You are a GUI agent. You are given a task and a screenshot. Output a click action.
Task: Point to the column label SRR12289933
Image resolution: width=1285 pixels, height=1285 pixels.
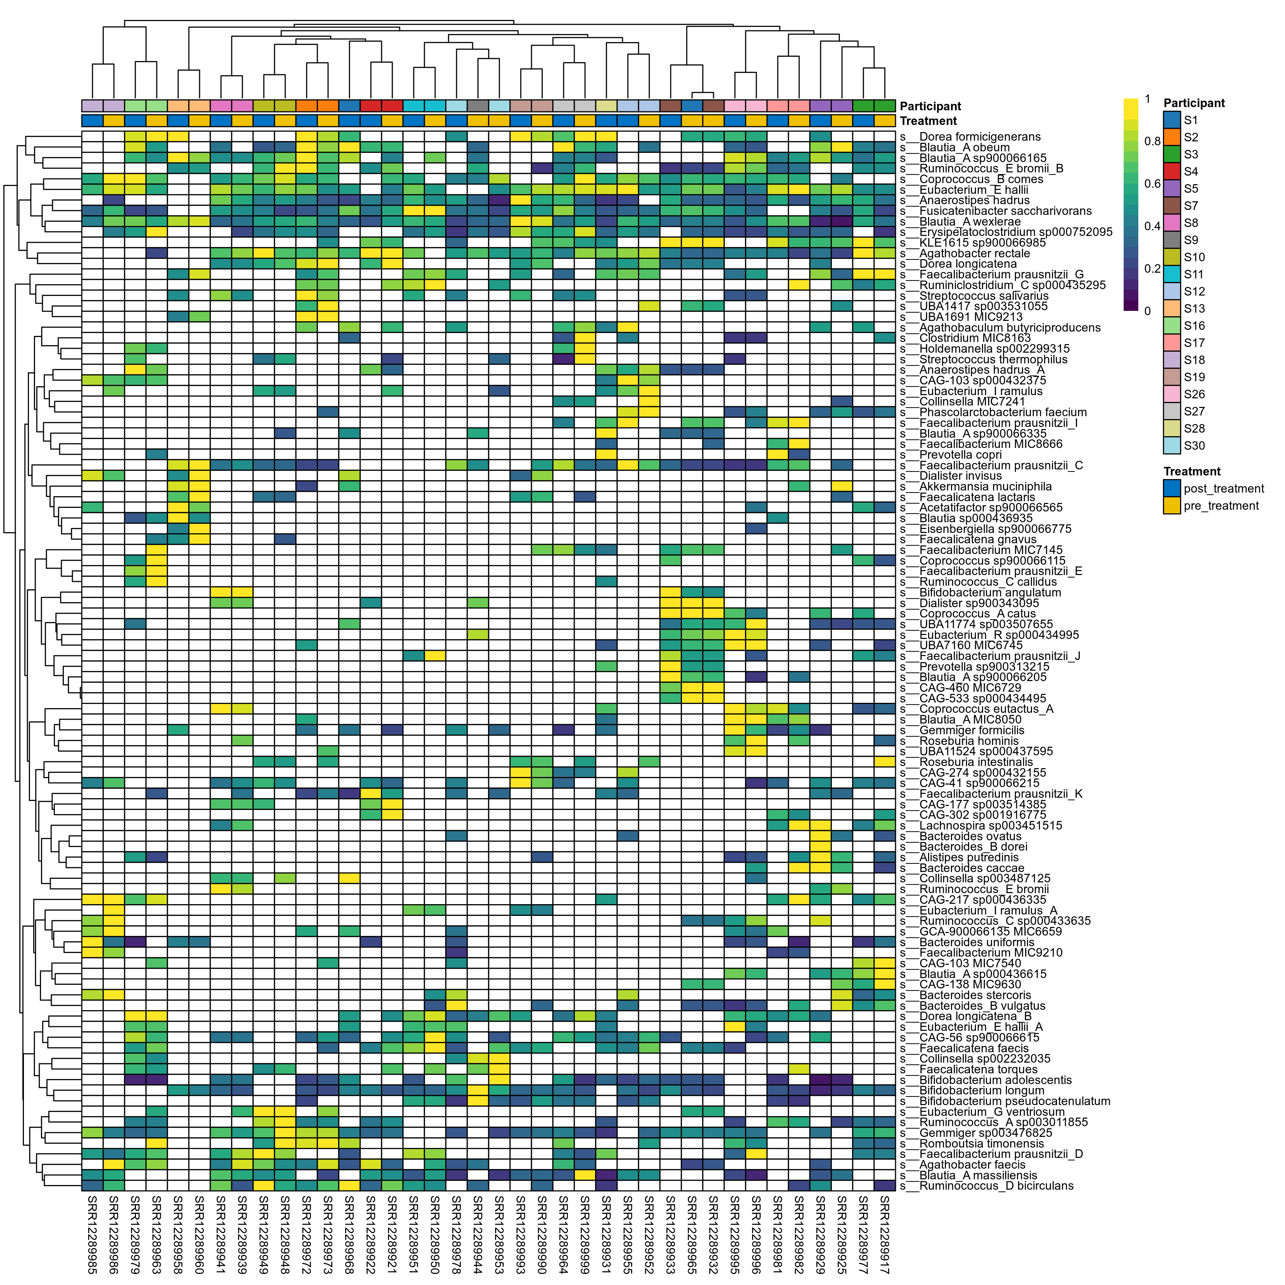pyautogui.click(x=670, y=1234)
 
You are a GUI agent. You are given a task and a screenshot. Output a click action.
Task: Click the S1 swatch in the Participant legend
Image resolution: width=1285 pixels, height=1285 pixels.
pyautogui.click(x=1172, y=120)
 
